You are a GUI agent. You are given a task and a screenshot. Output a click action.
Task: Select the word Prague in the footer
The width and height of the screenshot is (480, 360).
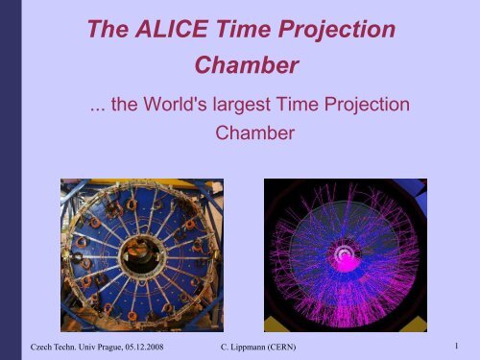95,342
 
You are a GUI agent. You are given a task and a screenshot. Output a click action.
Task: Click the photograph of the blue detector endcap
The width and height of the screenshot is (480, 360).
141,254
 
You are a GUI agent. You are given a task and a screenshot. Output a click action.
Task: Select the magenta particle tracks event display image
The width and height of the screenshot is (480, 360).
344,254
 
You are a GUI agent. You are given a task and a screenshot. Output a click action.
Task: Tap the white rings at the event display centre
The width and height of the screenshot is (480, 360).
345,254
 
